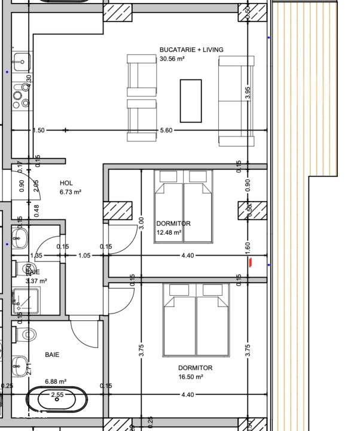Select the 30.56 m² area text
(172, 59)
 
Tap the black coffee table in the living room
(191, 101)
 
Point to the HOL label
(66, 183)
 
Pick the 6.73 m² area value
(71, 193)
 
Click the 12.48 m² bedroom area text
(169, 233)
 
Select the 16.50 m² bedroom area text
(191, 377)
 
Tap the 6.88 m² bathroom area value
(55, 381)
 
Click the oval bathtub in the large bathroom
(57, 399)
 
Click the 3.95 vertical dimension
(248, 94)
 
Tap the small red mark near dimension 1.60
(251, 261)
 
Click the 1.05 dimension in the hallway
(84, 256)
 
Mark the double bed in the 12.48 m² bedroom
(184, 206)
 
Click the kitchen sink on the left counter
(21, 60)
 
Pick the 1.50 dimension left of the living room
(38, 130)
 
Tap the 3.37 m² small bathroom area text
(36, 280)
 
